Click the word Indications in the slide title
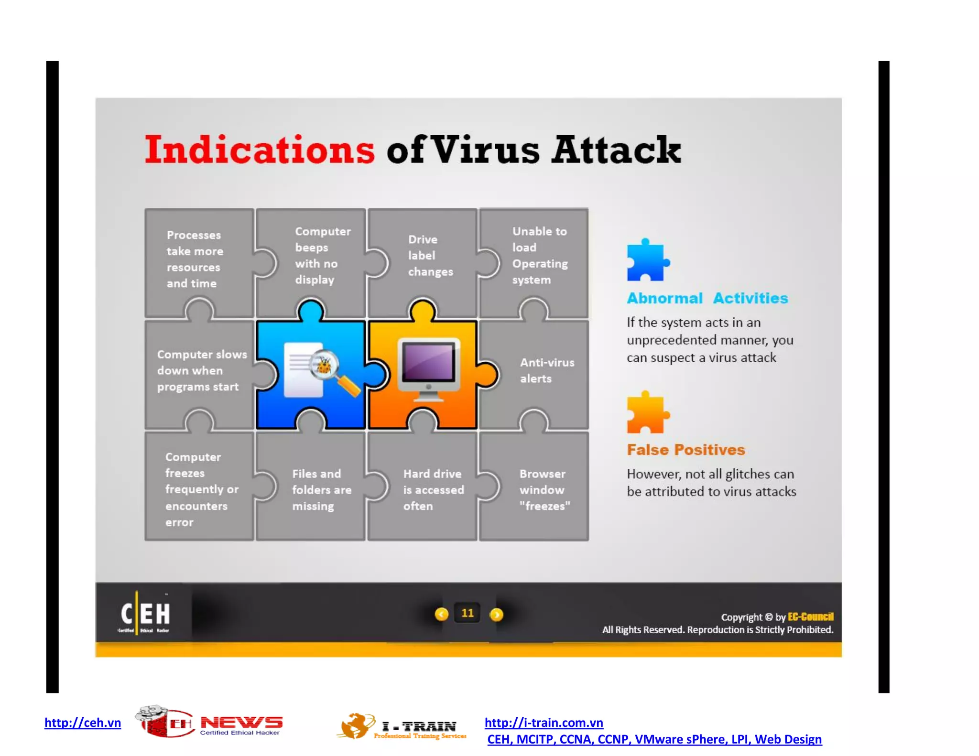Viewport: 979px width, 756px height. pos(260,150)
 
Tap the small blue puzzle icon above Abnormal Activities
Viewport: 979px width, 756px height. pos(646,261)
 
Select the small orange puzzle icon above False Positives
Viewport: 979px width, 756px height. pos(646,413)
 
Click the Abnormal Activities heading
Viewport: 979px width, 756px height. pos(707,298)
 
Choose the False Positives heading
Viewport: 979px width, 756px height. pos(685,450)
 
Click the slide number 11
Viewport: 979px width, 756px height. pos(468,613)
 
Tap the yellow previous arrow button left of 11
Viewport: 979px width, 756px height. pos(441,614)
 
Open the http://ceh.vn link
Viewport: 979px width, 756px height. pos(83,723)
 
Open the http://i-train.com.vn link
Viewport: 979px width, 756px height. pos(544,723)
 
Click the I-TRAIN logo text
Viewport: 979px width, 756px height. pos(419,727)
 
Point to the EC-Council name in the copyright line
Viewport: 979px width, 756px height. pos(810,616)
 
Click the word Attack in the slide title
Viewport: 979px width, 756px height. pos(616,150)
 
